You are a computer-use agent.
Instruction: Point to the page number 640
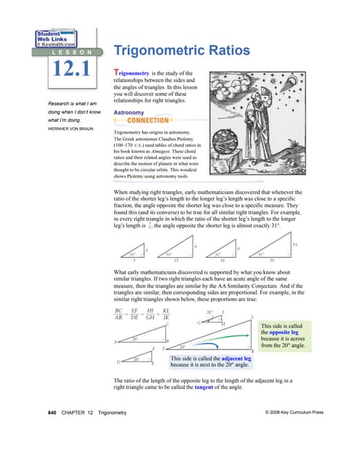52,433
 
